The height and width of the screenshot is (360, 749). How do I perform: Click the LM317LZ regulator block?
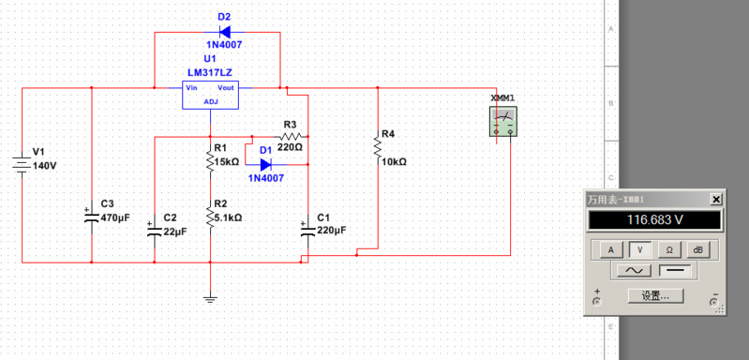210,96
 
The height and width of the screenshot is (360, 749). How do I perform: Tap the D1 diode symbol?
266,164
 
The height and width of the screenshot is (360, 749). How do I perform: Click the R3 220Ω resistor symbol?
290,137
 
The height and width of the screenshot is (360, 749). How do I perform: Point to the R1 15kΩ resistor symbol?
210,161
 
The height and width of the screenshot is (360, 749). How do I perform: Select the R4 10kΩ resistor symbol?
377,147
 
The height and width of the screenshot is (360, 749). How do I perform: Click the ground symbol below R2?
210,299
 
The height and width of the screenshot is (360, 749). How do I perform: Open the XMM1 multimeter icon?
503,121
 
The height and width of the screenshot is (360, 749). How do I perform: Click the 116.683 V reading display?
653,220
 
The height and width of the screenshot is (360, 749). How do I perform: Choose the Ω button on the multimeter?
669,249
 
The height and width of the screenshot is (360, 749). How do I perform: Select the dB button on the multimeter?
697,249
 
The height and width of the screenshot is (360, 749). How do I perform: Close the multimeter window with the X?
716,200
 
